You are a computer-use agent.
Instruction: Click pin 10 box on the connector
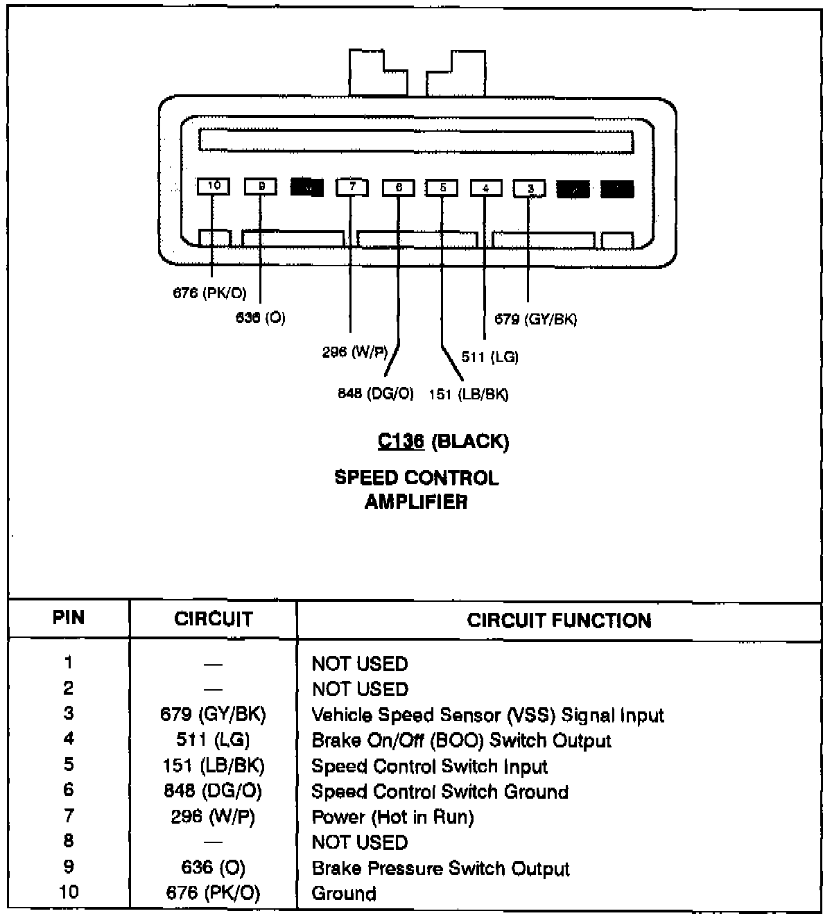tap(214, 186)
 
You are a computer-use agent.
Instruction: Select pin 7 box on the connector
tap(352, 187)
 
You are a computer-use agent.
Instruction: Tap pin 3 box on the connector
tap(530, 188)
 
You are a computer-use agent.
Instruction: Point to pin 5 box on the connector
tap(442, 187)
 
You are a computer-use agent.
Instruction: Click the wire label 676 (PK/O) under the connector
tap(209, 293)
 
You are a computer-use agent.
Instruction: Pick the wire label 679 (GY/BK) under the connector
tap(535, 319)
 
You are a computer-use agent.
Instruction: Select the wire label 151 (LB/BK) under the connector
tap(469, 395)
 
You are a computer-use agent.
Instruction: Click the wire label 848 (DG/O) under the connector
tap(375, 394)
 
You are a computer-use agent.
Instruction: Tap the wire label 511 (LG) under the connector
tap(489, 357)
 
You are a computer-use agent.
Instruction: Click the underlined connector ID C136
tap(401, 441)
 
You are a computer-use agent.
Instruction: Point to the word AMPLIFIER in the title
tap(416, 501)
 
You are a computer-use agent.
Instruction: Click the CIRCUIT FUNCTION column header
tap(559, 620)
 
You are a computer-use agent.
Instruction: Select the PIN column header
tap(69, 617)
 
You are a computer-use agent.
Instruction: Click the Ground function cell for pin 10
tap(344, 893)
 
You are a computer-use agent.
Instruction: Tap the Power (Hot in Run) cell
tap(392, 817)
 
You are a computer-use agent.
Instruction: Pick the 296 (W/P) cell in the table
tap(213, 817)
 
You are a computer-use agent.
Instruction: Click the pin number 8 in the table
tap(68, 841)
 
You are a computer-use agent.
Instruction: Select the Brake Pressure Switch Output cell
tap(440, 868)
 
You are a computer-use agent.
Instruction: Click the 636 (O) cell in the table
tap(213, 867)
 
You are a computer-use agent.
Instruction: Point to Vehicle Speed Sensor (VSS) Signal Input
tap(487, 715)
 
